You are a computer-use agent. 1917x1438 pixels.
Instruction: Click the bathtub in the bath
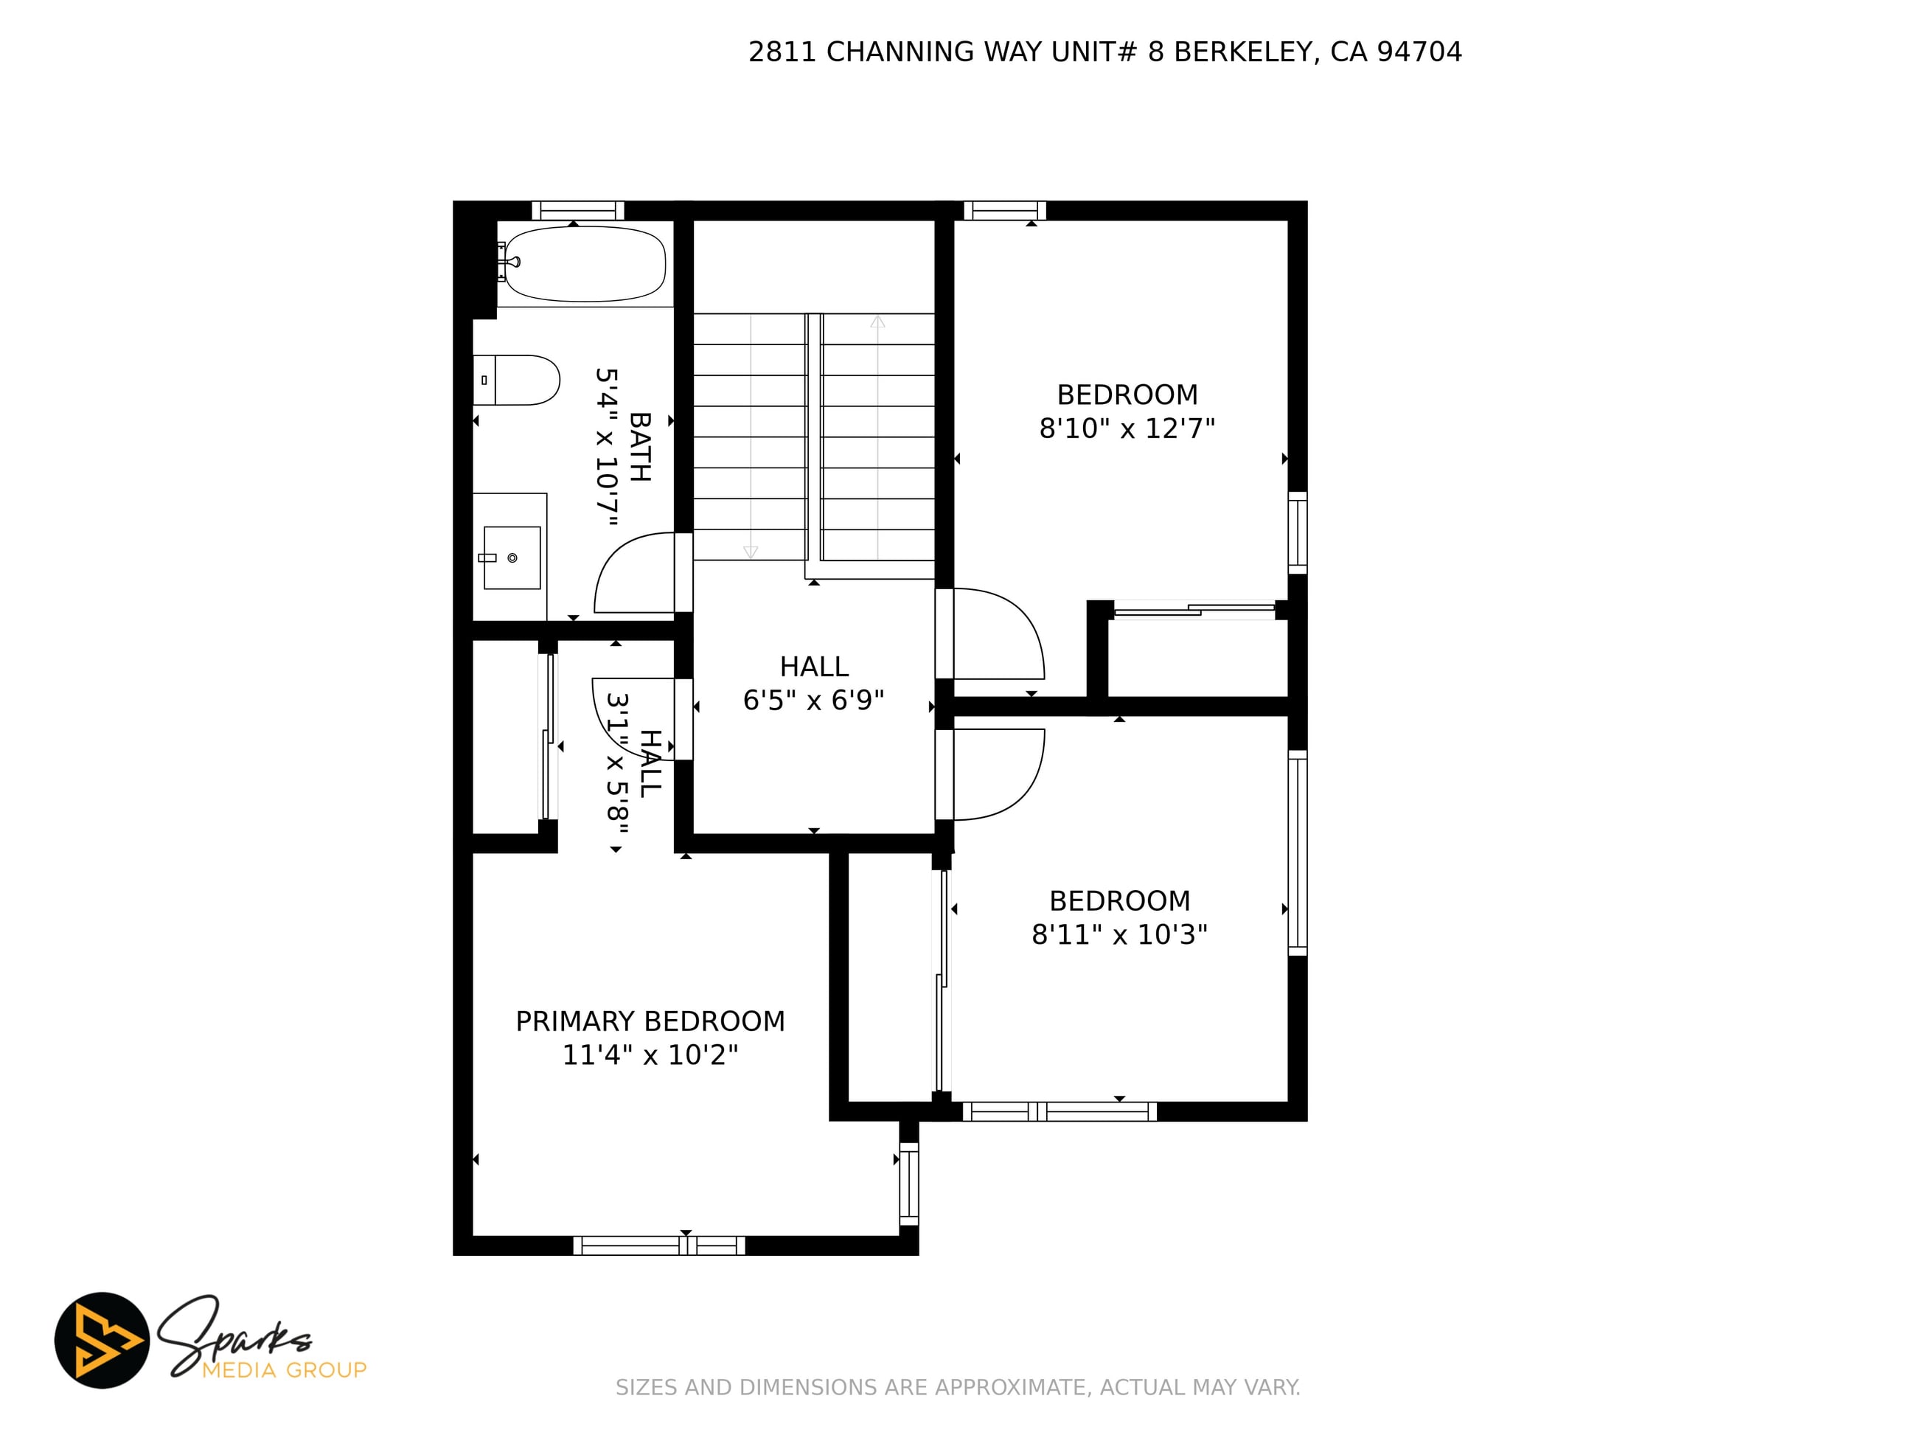tap(584, 263)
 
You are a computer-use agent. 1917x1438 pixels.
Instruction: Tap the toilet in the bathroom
tap(515, 380)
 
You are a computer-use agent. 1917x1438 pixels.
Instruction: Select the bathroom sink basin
tap(511, 558)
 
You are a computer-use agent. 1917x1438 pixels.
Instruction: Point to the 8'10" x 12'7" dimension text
tap(1127, 428)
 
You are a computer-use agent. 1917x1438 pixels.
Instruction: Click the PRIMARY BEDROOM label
tap(650, 1021)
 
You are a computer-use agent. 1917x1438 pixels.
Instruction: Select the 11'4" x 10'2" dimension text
tap(650, 1055)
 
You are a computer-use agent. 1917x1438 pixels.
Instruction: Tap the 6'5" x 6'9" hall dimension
tap(813, 700)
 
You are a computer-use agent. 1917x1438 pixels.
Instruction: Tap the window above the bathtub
tap(578, 211)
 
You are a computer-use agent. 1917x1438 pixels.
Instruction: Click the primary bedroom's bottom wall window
tap(658, 1246)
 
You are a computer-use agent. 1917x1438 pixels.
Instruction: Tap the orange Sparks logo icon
tap(102, 1340)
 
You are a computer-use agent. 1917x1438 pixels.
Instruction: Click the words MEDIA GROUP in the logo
tap(285, 1369)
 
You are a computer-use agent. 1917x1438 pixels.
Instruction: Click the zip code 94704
tap(1419, 52)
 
